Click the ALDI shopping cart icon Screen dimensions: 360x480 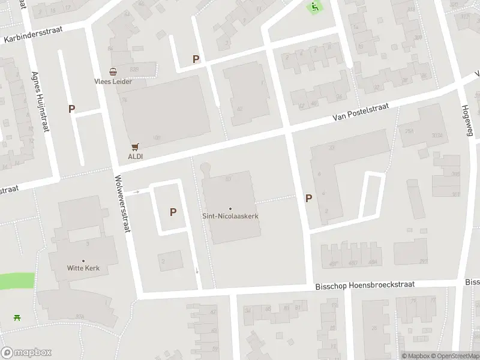[x=136, y=146]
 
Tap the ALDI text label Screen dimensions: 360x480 [x=136, y=156]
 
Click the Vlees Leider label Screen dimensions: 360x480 [x=113, y=81]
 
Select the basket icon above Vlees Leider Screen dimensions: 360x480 [x=113, y=71]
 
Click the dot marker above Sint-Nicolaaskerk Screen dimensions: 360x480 [x=230, y=209]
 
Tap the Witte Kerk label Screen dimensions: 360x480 [x=83, y=268]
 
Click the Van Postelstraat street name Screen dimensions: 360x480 [x=361, y=112]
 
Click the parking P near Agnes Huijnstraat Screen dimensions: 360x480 [x=72, y=109]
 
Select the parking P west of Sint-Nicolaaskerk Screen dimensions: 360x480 [x=173, y=212]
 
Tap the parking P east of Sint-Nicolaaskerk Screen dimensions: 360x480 [x=309, y=199]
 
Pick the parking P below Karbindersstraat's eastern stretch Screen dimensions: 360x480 [x=196, y=59]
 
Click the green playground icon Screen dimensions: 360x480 [x=315, y=7]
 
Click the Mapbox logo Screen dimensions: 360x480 [x=26, y=353]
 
